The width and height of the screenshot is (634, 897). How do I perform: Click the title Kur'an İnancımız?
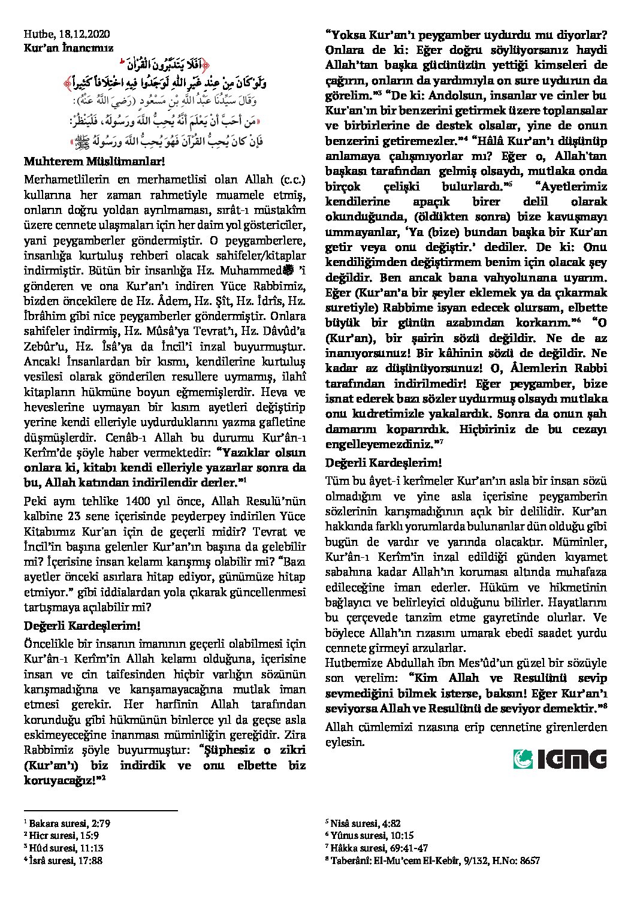(x=68, y=47)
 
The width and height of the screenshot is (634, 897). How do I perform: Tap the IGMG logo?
(x=560, y=759)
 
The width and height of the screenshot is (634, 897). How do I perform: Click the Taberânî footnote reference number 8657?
(x=527, y=860)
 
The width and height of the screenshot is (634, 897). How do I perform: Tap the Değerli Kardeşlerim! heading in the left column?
(x=82, y=626)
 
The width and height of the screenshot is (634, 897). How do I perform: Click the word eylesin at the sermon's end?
(x=345, y=742)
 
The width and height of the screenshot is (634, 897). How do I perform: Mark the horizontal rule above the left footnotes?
(x=101, y=811)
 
